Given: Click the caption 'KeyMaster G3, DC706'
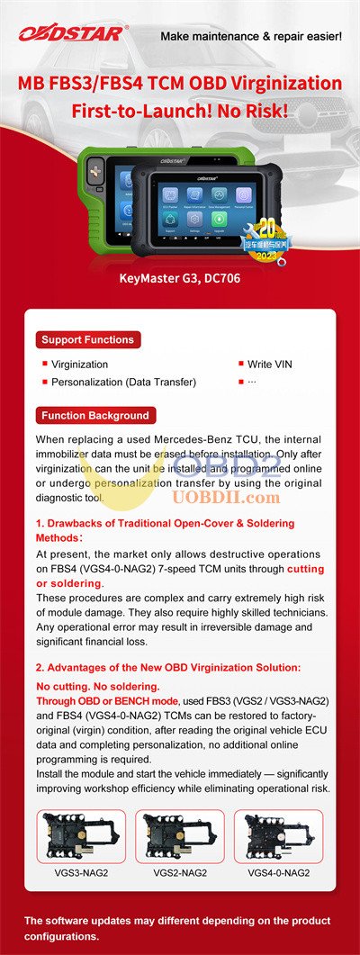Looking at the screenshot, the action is pyautogui.click(x=179, y=278).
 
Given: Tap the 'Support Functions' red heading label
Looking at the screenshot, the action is pyautogui.click(x=86, y=339).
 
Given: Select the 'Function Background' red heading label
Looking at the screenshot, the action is pyautogui.click(x=94, y=416).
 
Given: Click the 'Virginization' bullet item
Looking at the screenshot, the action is pyautogui.click(x=79, y=365).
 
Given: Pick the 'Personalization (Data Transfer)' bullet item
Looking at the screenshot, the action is pyautogui.click(x=123, y=383).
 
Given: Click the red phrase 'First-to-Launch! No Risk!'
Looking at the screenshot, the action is pyautogui.click(x=180, y=112).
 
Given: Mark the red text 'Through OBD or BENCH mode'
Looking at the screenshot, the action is pyautogui.click(x=103, y=700).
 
